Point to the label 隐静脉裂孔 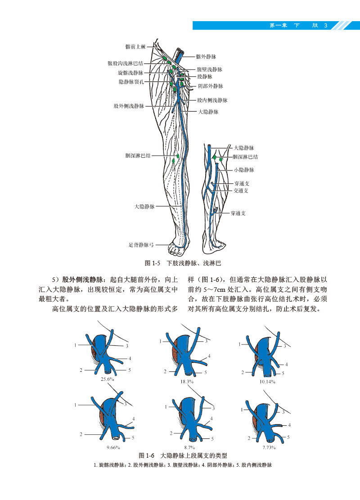pos(131,82)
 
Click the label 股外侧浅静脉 pos(129,106)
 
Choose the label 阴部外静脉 pos(211,85)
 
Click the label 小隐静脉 pos(244,170)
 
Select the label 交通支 pos(241,191)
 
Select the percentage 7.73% pos(269,447)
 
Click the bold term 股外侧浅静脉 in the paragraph pos(83,279)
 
